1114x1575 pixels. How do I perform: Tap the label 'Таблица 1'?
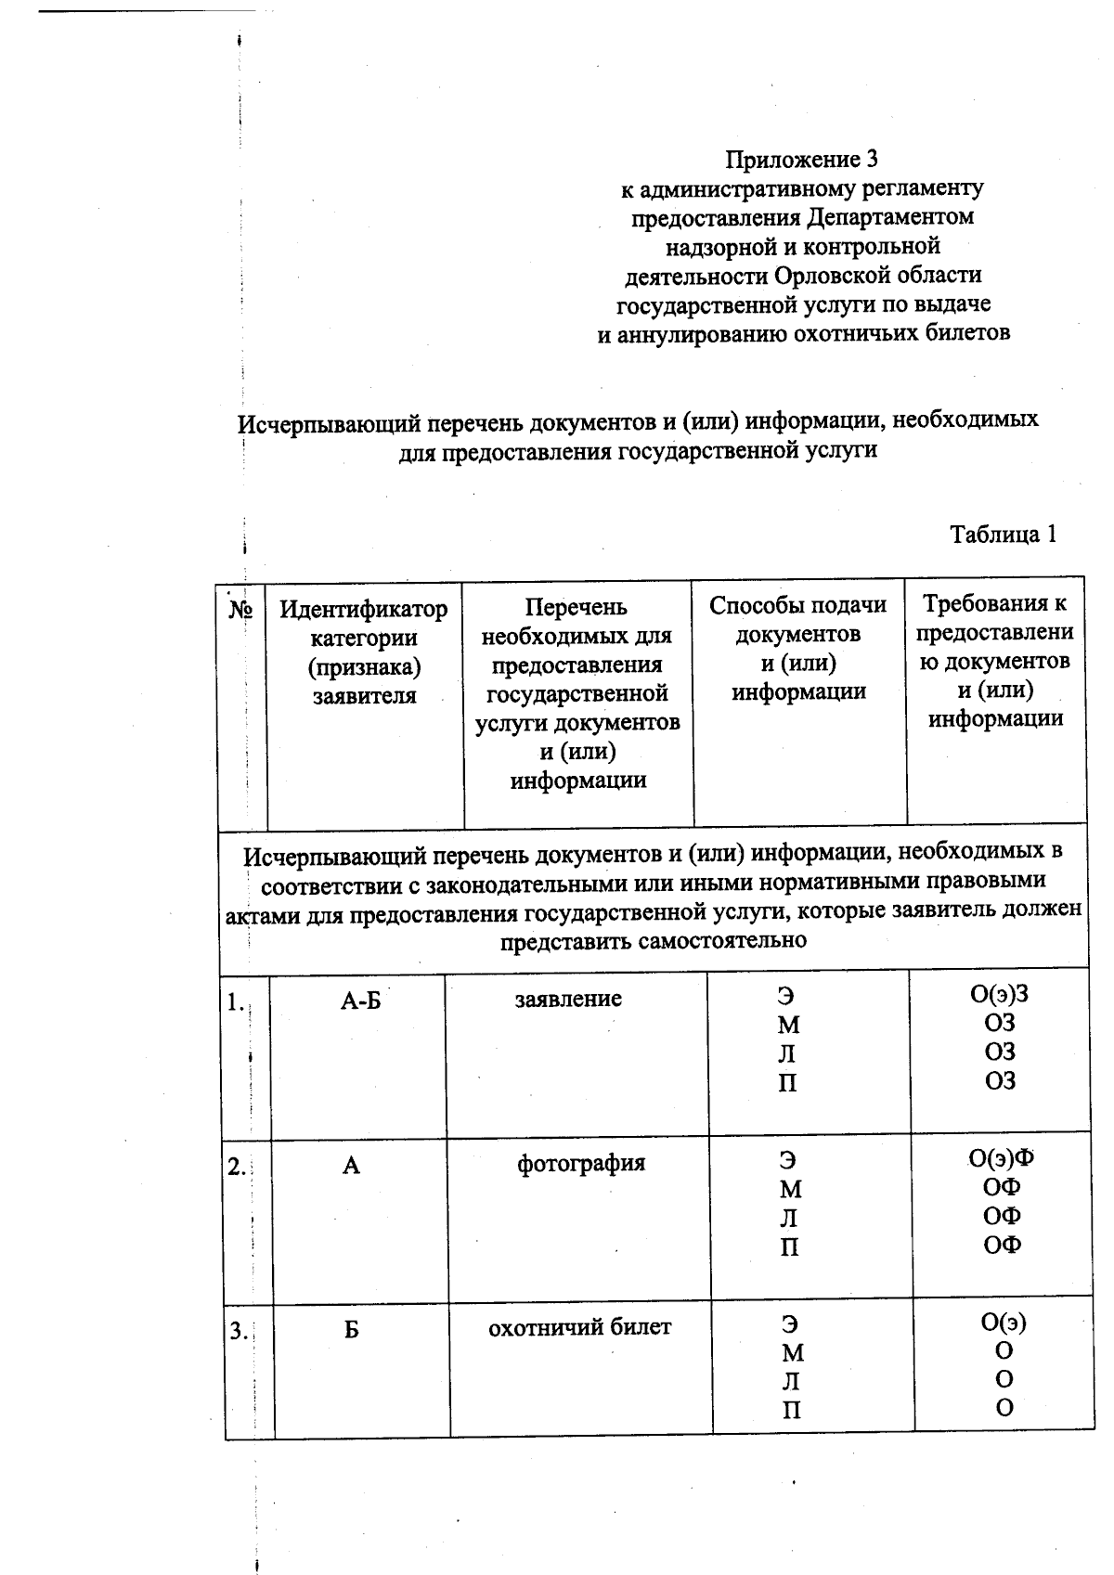coord(1003,535)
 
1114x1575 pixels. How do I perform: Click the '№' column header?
coord(240,611)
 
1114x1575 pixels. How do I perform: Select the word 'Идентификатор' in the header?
coord(363,610)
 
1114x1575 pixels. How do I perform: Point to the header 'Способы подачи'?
coord(797,606)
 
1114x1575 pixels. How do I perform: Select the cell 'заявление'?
coord(568,1000)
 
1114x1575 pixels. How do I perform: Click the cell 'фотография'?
coord(580,1164)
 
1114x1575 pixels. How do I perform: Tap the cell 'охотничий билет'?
coord(579,1328)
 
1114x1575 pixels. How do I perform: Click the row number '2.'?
coord(237,1168)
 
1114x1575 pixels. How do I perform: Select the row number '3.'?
coord(239,1332)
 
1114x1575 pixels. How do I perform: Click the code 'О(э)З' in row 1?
coord(999,995)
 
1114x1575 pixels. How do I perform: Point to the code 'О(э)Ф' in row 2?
coord(1001,1158)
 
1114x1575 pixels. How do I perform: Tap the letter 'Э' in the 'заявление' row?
coord(786,997)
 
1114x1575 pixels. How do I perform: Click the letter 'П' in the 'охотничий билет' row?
coord(791,1412)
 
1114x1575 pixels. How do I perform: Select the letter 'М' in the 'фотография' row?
coord(790,1189)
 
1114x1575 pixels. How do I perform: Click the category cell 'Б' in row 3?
coord(351,1331)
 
